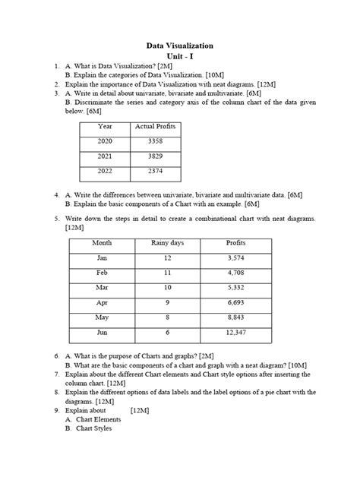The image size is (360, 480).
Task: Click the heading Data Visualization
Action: [180, 46]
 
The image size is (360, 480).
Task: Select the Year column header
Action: [105, 126]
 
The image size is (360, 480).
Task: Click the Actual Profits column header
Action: [155, 126]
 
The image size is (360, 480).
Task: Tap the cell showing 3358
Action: [155, 141]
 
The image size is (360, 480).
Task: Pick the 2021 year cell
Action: [105, 156]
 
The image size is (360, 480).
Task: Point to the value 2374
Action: [155, 172]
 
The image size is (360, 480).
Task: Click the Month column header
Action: [102, 243]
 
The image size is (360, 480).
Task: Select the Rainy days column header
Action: [169, 243]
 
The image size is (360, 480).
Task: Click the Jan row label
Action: [102, 259]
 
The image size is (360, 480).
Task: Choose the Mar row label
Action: [102, 289]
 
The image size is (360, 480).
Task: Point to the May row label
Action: [102, 317]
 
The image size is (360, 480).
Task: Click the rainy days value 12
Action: [169, 259]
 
